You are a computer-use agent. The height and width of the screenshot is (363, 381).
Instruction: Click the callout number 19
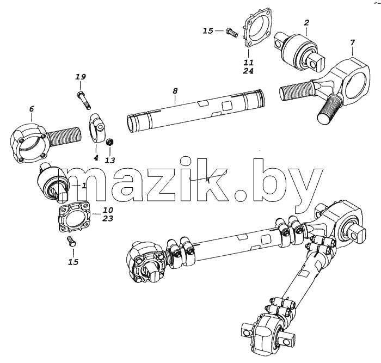pos(81,77)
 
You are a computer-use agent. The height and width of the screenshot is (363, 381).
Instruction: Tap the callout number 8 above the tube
pos(175,91)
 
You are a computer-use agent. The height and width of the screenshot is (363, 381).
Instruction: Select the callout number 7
pos(353,43)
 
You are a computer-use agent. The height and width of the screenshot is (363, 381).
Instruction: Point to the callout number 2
pos(306,23)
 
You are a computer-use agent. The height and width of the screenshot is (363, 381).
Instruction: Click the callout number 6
pos(32,109)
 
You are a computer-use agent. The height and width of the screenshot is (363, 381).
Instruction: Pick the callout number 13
pos(110,161)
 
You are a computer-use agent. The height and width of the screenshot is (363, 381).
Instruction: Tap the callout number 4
pos(96,158)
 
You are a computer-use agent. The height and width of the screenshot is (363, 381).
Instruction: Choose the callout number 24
pos(248,71)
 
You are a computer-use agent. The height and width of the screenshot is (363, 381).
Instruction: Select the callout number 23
pos(108,218)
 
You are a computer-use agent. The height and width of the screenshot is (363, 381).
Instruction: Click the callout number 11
pos(249,63)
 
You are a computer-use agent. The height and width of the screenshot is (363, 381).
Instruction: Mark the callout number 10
pos(108,210)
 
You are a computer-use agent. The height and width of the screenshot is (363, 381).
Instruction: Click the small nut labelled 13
pos(110,142)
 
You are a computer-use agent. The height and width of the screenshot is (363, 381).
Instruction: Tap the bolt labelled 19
pos(84,100)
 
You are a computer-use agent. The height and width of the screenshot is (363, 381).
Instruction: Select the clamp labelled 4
pos(97,128)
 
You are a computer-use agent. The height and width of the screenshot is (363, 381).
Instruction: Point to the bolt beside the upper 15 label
pos(231,32)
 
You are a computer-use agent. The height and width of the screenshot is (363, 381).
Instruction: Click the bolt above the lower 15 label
pos(71,242)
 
